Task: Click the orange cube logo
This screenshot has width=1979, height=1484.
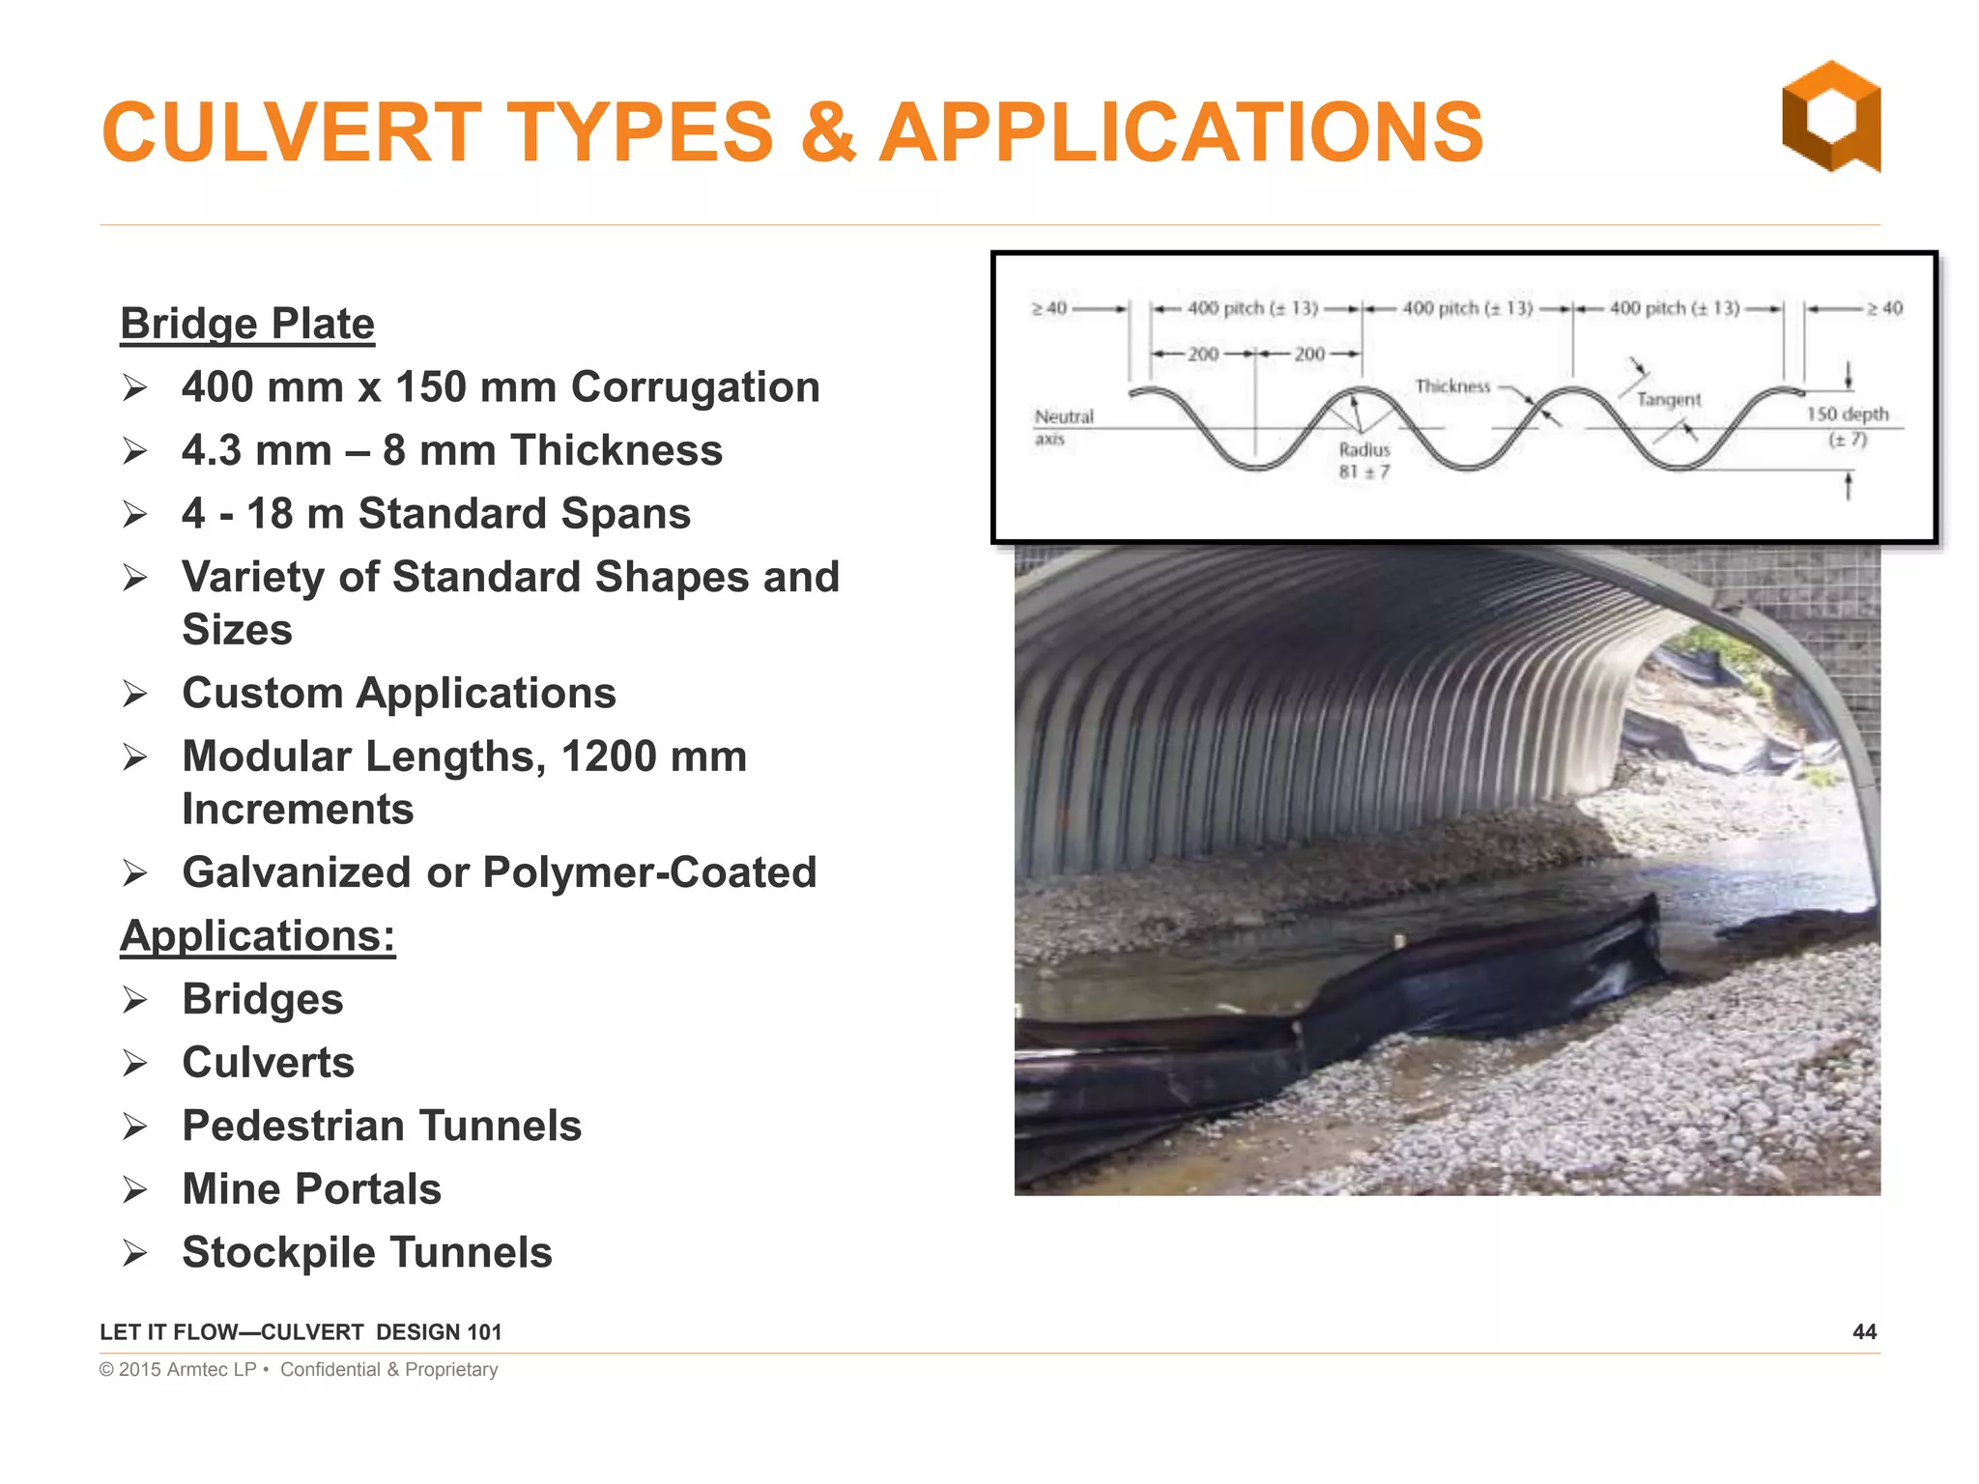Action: coord(1830,117)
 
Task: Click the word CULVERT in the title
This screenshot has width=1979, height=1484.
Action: coord(291,133)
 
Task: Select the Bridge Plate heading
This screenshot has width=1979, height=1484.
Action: coord(247,324)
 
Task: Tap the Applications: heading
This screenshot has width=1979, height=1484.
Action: coord(257,935)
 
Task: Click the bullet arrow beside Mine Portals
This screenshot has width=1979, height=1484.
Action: coord(135,1189)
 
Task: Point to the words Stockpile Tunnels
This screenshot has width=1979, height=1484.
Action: coord(367,1252)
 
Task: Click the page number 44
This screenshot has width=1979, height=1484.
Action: coord(1864,1331)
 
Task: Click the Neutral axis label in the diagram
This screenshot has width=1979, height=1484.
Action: coord(1063,426)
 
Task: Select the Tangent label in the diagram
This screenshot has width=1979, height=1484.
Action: coord(1669,399)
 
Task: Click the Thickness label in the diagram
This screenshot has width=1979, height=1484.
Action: coord(1452,386)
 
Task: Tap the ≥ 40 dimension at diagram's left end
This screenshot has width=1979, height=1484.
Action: coord(1048,308)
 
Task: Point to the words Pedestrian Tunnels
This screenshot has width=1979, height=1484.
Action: coord(382,1126)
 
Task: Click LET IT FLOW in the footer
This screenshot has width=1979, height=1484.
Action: coord(168,1332)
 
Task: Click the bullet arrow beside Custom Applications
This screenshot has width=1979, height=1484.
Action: coord(135,694)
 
